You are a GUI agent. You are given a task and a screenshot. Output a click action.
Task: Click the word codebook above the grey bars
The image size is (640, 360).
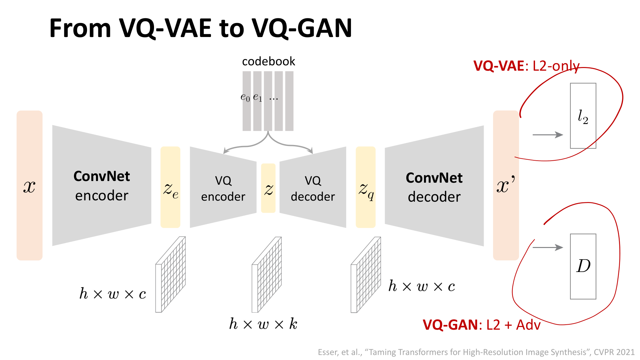[x=268, y=61]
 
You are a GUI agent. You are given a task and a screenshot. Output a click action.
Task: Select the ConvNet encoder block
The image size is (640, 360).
[x=102, y=186]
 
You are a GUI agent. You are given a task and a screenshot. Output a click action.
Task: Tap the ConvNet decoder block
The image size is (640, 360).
[x=434, y=187]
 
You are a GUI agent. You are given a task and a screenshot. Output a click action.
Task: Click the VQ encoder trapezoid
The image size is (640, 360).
[x=223, y=188]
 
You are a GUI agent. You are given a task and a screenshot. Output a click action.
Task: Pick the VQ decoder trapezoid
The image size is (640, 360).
[x=313, y=188]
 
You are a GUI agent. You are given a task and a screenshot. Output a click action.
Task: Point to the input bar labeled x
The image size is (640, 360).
[x=29, y=185]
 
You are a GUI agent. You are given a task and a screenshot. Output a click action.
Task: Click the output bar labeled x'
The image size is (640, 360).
[x=506, y=185]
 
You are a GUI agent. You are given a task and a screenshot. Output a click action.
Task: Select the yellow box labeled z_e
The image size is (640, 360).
[x=170, y=187]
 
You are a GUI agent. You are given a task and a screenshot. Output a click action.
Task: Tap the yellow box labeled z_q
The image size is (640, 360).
[x=366, y=187]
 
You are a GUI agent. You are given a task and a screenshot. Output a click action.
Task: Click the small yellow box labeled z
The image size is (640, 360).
[x=268, y=188]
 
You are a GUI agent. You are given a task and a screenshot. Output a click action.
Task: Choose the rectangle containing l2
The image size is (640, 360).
[x=583, y=116]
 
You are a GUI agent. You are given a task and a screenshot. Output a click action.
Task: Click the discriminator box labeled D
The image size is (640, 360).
[x=583, y=266]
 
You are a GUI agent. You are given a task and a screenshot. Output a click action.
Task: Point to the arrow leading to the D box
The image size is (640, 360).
[x=548, y=247]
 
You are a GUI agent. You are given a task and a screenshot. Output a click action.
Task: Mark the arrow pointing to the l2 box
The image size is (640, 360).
[x=548, y=135]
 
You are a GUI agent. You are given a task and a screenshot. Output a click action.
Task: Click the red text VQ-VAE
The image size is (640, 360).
[x=499, y=66]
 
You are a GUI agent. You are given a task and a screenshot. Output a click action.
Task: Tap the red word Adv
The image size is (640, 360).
[x=528, y=325]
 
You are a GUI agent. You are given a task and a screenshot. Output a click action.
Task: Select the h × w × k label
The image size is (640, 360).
[x=263, y=324]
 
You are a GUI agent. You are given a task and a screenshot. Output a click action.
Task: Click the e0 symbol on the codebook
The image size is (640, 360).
[x=245, y=97]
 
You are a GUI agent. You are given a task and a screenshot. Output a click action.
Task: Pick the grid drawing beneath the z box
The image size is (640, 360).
[x=267, y=275]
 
